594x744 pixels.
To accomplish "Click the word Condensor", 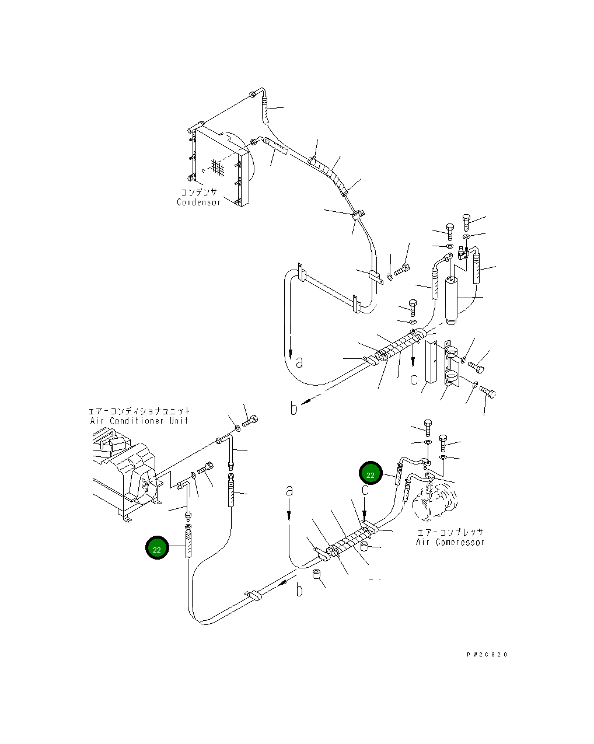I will tap(199, 202).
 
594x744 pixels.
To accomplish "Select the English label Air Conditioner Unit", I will tap(139, 421).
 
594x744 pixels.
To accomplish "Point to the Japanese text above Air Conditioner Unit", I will tap(139, 411).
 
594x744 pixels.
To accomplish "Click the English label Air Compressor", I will tap(450, 542).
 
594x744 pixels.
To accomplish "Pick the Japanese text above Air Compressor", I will tap(450, 532).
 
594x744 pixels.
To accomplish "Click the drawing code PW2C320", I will tap(487, 654).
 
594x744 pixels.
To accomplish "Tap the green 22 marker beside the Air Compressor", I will tap(371, 474).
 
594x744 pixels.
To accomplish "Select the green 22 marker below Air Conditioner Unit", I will tap(157, 549).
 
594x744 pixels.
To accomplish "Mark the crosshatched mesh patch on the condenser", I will tap(218, 167).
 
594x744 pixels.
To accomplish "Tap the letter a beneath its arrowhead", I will tap(299, 362).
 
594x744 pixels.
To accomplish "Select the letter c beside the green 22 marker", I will tap(365, 490).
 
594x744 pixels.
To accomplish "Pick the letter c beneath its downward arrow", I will tap(414, 379).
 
